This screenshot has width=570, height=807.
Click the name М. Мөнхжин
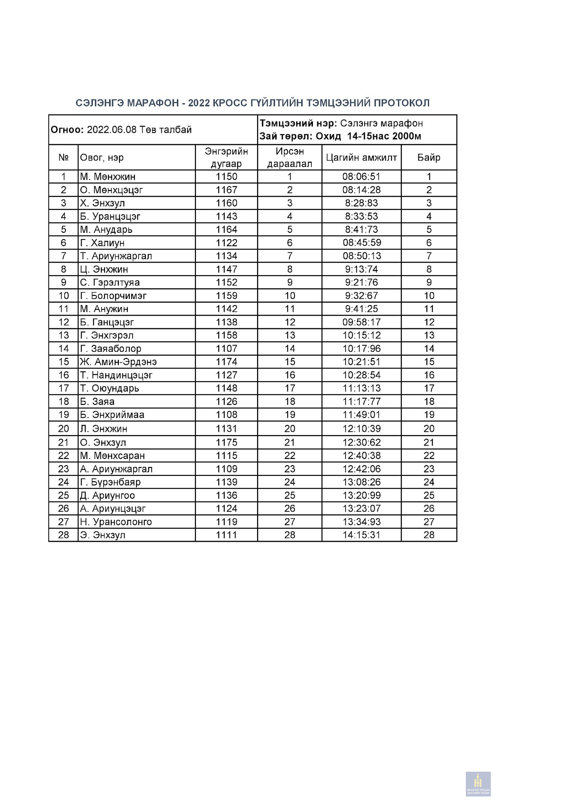pyautogui.click(x=108, y=177)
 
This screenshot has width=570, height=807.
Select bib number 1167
pyautogui.click(x=226, y=190)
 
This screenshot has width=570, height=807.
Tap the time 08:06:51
pyautogui.click(x=361, y=177)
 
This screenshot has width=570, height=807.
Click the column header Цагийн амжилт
pyautogui.click(x=361, y=158)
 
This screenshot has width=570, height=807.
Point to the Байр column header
pyautogui.click(x=428, y=158)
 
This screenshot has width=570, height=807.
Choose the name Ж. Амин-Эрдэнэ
pyautogui.click(x=118, y=362)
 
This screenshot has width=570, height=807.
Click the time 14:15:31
pyautogui.click(x=361, y=535)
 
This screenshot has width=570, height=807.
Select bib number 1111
pyautogui.click(x=226, y=535)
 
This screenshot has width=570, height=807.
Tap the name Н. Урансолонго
pyautogui.click(x=116, y=522)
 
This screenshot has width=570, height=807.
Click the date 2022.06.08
pyautogui.click(x=112, y=130)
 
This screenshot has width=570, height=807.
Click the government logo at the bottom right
pyautogui.click(x=478, y=784)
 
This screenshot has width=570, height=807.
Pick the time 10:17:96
pyautogui.click(x=361, y=349)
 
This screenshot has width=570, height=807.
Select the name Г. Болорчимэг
pyautogui.click(x=113, y=296)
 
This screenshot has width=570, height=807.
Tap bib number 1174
pyautogui.click(x=226, y=362)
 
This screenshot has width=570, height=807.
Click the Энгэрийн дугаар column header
pyautogui.click(x=226, y=158)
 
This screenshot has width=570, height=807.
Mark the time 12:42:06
pyautogui.click(x=361, y=469)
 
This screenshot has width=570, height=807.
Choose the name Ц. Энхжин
pyautogui.click(x=104, y=269)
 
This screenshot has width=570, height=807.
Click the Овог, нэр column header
pyautogui.click(x=102, y=158)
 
